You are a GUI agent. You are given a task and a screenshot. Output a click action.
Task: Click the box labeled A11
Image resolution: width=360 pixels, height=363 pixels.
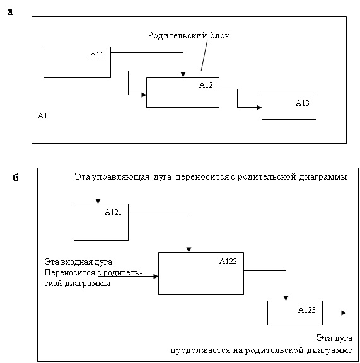point(77,62)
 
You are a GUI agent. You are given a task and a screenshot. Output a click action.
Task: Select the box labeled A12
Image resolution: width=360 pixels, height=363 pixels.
point(183,92)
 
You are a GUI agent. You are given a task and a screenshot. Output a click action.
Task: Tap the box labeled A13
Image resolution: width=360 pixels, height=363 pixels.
point(289,107)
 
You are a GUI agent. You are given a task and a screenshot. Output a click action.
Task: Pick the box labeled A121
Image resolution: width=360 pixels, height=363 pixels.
point(101,222)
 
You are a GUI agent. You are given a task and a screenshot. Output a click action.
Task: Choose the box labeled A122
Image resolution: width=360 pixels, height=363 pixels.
point(201,274)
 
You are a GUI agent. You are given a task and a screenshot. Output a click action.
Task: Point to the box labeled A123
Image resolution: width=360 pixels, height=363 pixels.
point(295,313)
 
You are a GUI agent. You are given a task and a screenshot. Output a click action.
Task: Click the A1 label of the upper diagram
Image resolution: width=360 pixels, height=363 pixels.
point(42,115)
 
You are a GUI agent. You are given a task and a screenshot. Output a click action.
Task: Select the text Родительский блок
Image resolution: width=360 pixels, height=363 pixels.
point(189,35)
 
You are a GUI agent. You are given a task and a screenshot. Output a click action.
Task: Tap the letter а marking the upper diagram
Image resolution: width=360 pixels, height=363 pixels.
point(10,12)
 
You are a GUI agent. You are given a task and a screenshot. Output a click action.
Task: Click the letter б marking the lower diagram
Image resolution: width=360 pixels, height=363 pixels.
point(16,178)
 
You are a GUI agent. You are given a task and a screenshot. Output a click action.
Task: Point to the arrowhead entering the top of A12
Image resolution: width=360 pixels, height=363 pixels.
point(183,74)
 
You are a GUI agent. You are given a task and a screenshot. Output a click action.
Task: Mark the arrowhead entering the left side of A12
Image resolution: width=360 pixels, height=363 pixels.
point(144,95)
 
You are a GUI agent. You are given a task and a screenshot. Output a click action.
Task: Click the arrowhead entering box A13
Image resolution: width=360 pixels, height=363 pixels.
point(259,107)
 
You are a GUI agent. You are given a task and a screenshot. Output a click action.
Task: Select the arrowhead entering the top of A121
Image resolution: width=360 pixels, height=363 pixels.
point(98,201)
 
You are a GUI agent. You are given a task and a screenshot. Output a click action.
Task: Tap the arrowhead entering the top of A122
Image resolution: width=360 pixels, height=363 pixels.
point(189,250)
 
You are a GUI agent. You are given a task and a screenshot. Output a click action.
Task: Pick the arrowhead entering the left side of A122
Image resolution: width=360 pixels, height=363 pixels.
point(156,276)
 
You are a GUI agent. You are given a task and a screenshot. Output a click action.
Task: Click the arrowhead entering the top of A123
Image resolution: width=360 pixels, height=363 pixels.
point(286,298)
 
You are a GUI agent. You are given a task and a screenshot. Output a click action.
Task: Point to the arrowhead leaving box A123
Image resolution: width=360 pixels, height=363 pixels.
point(344,313)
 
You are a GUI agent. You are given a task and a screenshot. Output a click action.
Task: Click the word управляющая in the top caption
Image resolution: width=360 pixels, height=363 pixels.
point(120,177)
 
